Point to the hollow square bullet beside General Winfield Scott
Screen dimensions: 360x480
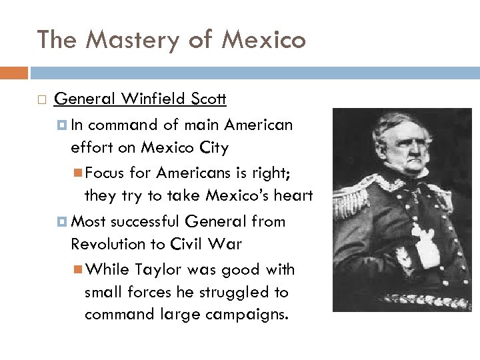click(41, 101)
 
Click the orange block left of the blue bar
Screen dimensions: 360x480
click(14, 73)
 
